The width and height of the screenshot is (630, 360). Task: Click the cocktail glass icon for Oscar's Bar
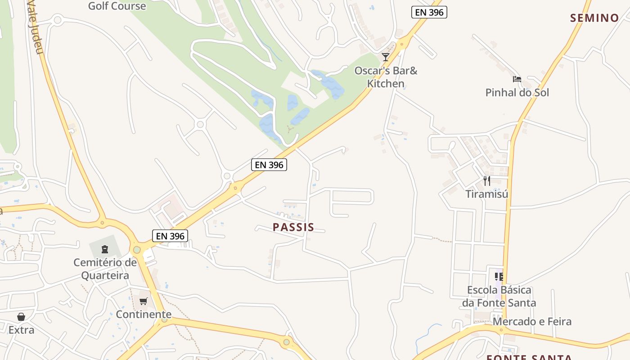click(386, 57)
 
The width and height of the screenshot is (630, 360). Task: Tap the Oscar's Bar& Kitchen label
click(386, 77)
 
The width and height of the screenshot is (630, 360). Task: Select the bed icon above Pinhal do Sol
click(517, 79)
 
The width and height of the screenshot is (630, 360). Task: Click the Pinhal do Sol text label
click(517, 93)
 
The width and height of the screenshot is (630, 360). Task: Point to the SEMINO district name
click(594, 18)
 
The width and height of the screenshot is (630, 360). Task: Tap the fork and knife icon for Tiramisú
click(486, 181)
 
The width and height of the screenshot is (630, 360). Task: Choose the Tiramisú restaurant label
click(486, 194)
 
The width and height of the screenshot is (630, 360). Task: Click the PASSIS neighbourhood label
click(293, 227)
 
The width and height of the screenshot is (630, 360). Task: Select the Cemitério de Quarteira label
click(105, 269)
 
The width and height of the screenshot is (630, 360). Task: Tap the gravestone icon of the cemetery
click(105, 249)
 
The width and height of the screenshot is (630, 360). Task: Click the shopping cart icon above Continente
click(144, 301)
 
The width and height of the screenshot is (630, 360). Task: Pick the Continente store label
click(144, 314)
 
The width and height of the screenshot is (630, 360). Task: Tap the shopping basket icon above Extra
click(21, 317)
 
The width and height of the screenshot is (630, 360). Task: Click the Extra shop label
click(21, 330)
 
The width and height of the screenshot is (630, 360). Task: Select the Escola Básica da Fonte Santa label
click(499, 296)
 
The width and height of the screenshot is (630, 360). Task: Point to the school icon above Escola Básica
click(499, 276)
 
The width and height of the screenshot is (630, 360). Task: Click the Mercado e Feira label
click(532, 321)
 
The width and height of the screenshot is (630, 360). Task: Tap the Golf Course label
click(117, 6)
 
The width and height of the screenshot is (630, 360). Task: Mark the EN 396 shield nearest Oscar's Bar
click(429, 12)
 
